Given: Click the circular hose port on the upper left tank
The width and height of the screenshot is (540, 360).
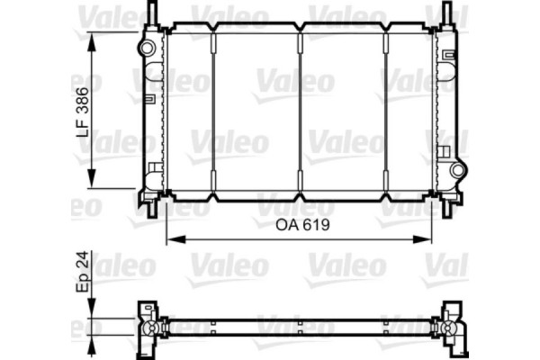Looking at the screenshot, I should (146, 48).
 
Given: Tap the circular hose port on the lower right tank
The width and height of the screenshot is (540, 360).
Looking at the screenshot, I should (457, 170).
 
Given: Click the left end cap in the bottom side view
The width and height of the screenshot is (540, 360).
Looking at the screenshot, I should (147, 329).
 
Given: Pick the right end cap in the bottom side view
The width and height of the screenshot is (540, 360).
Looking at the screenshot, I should (454, 329).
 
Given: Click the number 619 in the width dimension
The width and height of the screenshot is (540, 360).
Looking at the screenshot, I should (310, 226).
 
